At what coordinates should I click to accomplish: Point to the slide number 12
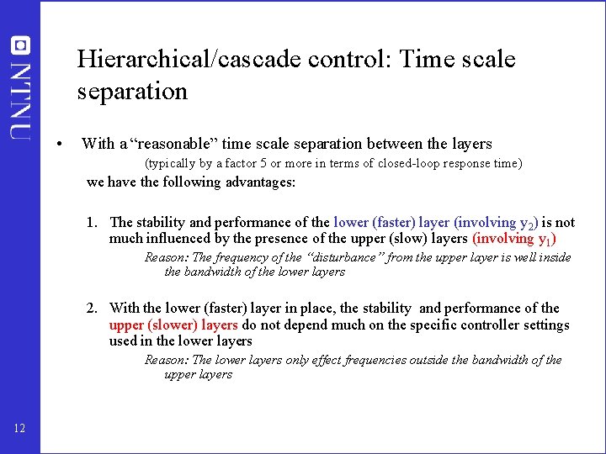(19, 430)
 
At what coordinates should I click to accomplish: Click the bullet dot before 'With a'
(56, 144)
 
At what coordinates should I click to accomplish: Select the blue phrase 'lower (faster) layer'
(391, 223)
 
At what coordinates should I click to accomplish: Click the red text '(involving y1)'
(515, 239)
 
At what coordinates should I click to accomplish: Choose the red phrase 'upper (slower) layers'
(173, 325)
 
